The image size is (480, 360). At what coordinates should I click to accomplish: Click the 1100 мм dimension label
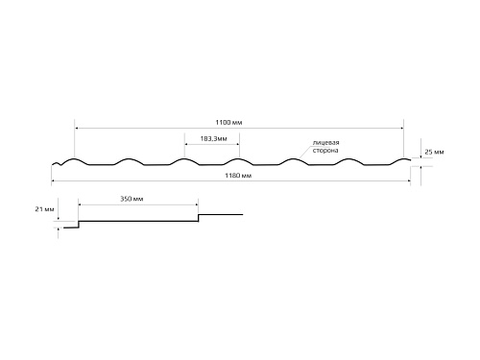[x=228, y=123]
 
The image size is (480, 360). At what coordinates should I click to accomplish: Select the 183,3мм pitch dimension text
[x=213, y=139]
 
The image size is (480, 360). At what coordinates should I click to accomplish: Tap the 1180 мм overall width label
[x=238, y=176]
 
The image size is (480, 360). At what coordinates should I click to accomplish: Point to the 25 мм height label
[x=434, y=152]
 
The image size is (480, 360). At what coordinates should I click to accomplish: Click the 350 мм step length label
[x=132, y=199]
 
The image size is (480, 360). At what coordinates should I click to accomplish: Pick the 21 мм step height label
[x=44, y=209]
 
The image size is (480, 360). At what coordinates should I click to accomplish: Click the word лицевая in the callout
[x=325, y=143]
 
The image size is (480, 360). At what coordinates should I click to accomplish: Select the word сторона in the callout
[x=325, y=151]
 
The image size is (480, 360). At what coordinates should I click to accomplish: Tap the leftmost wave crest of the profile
[x=74, y=159]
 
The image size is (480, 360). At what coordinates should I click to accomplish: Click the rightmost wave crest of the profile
[x=403, y=159]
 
